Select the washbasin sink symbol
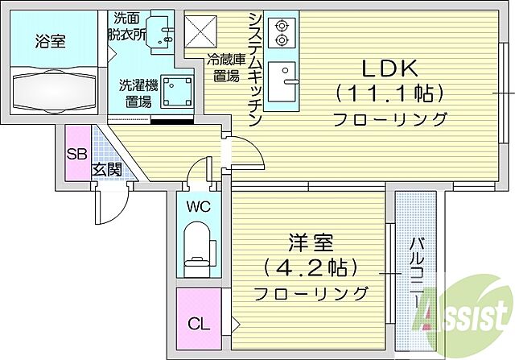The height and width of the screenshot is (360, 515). tap(165, 32)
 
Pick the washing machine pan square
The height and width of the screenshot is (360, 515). tap(175, 92)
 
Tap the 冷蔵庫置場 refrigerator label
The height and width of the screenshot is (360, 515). tap(223, 68)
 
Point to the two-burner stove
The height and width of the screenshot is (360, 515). tap(282, 33)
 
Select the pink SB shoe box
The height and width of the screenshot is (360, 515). tap(76, 154)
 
